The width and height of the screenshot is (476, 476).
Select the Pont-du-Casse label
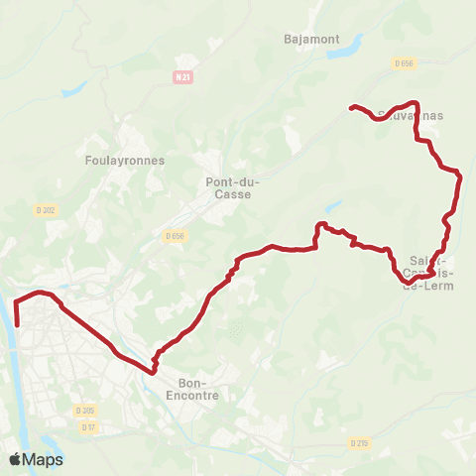coord(228,188)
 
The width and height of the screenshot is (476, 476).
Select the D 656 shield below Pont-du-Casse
coord(175,236)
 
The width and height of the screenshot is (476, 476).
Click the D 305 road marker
coord(84,410)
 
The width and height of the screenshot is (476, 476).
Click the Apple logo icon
coord(15,459)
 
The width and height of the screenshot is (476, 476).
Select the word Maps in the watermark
coord(43,459)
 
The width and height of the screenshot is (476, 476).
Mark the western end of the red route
coord(17,322)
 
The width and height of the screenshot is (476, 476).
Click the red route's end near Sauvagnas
coord(350,106)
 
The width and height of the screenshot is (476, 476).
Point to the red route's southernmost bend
coord(154,372)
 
